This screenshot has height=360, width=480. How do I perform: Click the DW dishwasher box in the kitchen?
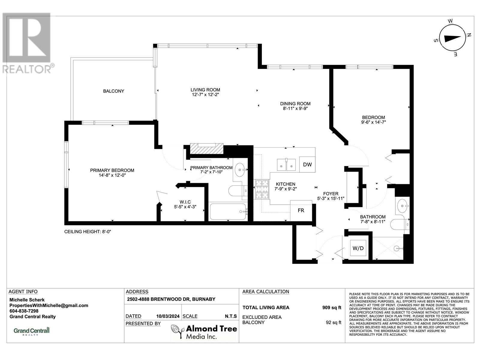tap(307, 164)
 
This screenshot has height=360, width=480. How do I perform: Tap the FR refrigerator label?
tap(301, 210)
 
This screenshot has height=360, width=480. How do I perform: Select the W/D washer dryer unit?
tap(358, 248)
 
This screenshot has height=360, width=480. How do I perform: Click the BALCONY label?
tap(113, 91)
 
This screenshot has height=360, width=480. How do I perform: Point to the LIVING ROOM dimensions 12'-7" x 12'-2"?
tap(205, 94)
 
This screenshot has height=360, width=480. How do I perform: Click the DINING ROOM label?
tap(295, 103)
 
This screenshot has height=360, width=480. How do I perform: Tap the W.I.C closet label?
tap(185, 202)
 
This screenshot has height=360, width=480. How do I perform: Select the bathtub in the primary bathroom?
tap(228, 211)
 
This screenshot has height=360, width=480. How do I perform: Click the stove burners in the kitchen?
tap(262, 189)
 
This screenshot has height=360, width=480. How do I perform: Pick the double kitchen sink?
tap(286, 165)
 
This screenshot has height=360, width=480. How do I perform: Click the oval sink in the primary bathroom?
tap(240, 169)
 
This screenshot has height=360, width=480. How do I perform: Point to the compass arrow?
tap(452, 38)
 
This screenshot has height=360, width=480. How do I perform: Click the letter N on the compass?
tap(468, 34)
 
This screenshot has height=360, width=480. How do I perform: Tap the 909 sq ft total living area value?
tap(331, 307)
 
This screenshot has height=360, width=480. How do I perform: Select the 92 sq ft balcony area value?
tap(333, 322)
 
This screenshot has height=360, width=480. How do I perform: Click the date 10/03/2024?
tap(168, 316)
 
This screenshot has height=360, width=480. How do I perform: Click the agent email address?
tap(49, 306)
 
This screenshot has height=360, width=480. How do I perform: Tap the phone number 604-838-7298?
tap(24, 311)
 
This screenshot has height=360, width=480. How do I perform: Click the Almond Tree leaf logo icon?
tap(177, 331)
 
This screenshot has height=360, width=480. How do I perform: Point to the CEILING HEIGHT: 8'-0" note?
tap(88, 232)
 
